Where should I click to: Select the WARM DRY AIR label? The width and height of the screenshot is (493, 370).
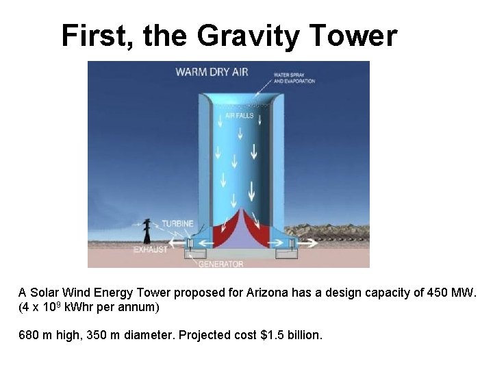pos(212,72)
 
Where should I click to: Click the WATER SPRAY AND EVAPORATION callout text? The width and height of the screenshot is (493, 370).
pos(294,77)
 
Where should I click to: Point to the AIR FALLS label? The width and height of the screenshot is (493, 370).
pos(240,116)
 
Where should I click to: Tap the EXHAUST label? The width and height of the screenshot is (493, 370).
pos(151,250)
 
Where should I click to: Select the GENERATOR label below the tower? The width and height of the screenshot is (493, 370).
pos(220,263)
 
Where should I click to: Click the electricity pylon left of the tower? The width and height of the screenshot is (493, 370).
pos(147,230)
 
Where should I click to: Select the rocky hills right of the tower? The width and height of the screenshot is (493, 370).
pos(329,231)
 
